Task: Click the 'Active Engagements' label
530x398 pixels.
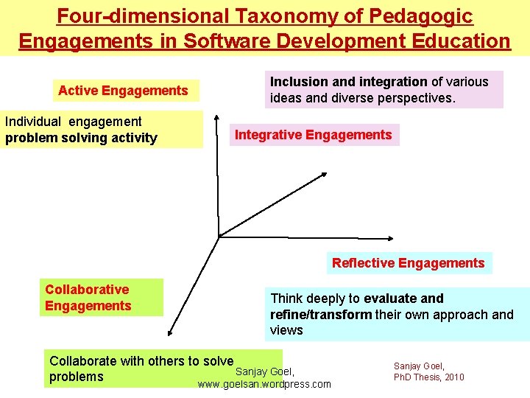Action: [x=123, y=91]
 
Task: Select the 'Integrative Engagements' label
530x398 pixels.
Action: [x=313, y=135]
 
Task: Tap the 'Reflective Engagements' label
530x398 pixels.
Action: [x=408, y=263]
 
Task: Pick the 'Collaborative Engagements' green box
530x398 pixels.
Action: [x=101, y=298]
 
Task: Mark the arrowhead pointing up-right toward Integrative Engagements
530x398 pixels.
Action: [x=324, y=175]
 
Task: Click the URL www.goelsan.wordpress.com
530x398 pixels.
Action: [x=264, y=385]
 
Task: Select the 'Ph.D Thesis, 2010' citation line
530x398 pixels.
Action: [x=429, y=377]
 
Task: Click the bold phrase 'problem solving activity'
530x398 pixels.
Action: [x=81, y=138]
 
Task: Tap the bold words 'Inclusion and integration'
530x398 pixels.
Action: [x=349, y=82]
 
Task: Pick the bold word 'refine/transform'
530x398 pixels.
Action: [x=321, y=315]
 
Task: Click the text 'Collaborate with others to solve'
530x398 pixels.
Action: [x=141, y=361]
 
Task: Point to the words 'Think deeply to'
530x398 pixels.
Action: [x=315, y=298]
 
